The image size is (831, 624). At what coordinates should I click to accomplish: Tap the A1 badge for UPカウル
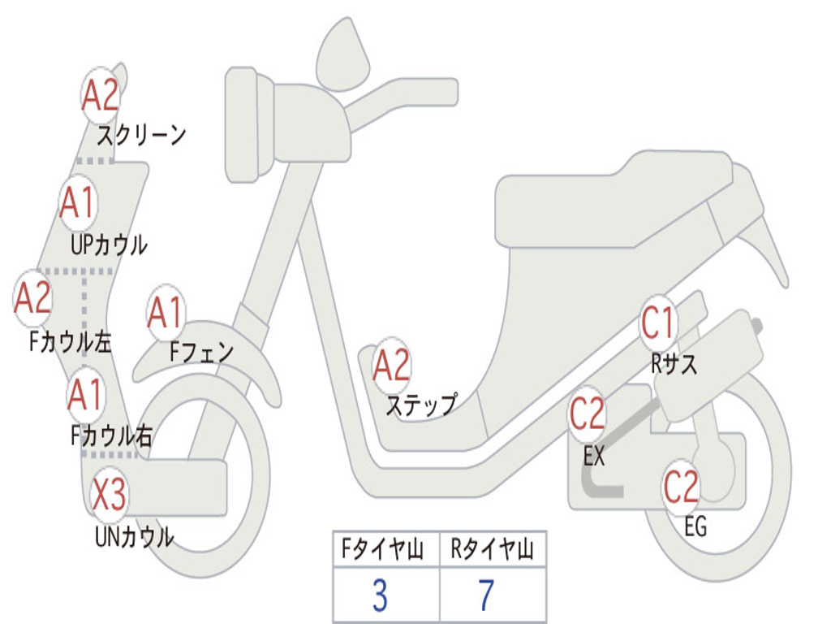[x=78, y=203]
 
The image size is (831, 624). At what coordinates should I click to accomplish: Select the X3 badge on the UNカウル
[x=109, y=494]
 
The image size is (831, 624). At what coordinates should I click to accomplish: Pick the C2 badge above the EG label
[x=681, y=487]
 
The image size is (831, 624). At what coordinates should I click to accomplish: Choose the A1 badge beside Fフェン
[x=166, y=314]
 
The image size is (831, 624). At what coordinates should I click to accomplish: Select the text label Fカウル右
[x=111, y=436]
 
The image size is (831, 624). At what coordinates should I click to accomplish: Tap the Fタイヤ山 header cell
[x=385, y=551]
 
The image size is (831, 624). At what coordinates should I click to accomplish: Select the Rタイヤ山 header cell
[x=492, y=551]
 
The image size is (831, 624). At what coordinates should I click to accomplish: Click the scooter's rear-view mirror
[x=342, y=53]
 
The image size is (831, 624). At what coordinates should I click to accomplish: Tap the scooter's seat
[x=617, y=203]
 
